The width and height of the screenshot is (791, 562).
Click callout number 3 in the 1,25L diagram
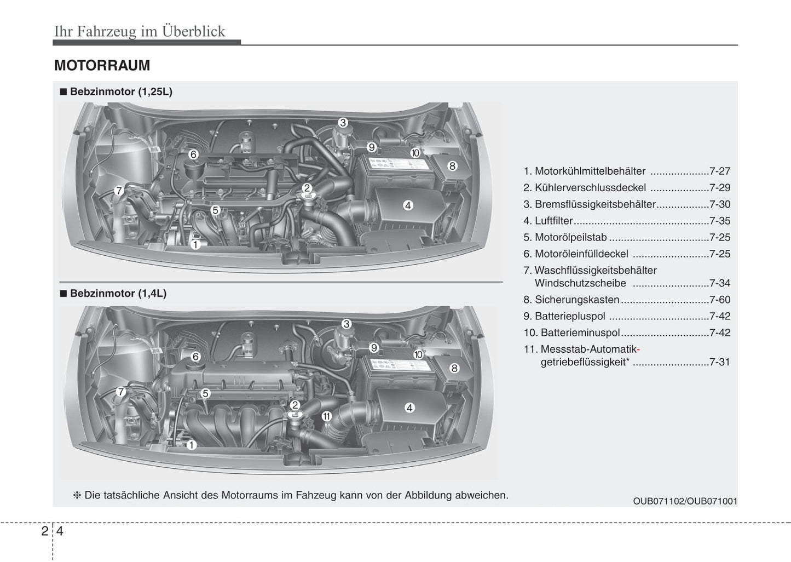[x=343, y=123]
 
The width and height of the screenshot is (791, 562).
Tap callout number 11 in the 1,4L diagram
[x=326, y=416]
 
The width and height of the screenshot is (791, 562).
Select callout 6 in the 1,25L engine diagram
[x=193, y=154]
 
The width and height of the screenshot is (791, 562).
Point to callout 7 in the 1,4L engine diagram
[x=121, y=392]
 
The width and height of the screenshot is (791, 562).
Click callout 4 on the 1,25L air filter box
[x=408, y=205]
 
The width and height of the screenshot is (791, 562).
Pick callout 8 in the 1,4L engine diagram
[x=454, y=368]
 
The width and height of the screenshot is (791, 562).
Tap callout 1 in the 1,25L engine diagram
[x=195, y=244]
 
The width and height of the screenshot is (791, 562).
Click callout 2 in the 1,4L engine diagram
[x=295, y=405]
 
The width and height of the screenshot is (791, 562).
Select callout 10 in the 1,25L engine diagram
[x=415, y=153]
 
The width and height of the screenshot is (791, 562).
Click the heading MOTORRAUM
[x=102, y=66]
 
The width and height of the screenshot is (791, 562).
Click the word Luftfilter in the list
[x=554, y=221]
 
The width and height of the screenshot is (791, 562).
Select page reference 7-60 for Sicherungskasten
[x=719, y=300]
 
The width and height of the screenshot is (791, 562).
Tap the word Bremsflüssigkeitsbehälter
[x=595, y=204]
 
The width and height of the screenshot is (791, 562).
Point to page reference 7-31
[x=719, y=362]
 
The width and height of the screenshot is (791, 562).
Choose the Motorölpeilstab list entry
[x=571, y=237]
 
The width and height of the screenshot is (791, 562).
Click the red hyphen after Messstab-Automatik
[x=639, y=349]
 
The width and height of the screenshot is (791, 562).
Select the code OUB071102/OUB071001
[x=685, y=501]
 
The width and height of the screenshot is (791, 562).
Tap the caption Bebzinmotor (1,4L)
[x=118, y=294]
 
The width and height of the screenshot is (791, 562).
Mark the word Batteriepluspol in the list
[x=570, y=316]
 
